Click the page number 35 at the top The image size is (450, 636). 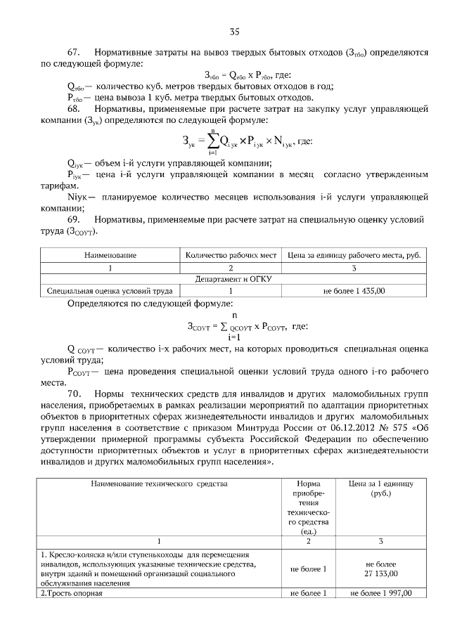click(235, 30)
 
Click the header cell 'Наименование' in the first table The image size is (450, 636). click(110, 256)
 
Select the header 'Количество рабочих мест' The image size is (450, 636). click(232, 256)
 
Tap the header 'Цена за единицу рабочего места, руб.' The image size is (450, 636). click(354, 256)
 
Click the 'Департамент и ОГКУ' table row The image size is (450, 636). click(232, 278)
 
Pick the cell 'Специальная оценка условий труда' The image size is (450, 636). click(110, 290)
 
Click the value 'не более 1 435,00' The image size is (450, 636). click(354, 290)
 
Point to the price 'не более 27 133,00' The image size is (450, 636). click(380, 569)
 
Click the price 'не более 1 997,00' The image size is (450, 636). click(380, 593)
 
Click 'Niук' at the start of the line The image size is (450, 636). click(77, 197)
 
